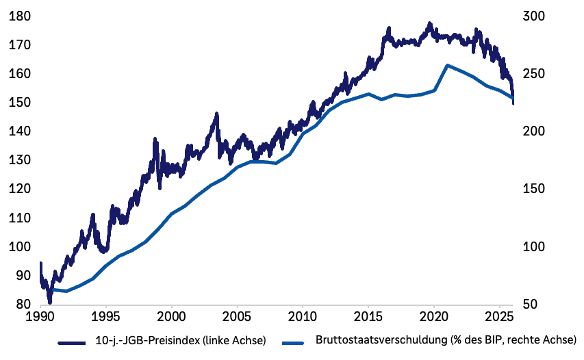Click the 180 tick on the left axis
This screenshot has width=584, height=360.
click(19, 16)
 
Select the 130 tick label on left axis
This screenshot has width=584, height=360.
click(19, 160)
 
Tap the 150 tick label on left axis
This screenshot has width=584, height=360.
click(19, 103)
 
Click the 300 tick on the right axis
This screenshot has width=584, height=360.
click(534, 16)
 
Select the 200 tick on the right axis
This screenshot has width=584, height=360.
click(534, 131)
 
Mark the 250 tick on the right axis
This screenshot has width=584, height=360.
click(534, 74)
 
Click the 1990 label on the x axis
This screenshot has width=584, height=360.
click(40, 319)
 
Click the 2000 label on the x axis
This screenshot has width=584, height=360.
click(171, 319)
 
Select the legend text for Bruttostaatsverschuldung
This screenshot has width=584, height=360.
click(446, 339)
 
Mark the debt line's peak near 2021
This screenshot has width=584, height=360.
click(447, 66)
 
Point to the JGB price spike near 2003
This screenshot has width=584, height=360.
click(216, 114)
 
